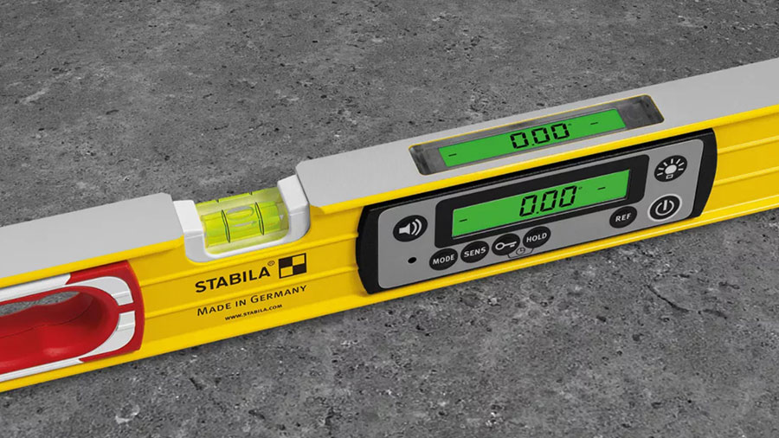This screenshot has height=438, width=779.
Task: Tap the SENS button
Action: click(x=474, y=253)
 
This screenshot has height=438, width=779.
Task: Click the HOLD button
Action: click(x=537, y=237)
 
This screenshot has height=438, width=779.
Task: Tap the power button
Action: click(x=665, y=208)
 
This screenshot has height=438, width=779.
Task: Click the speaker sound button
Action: click(x=410, y=229)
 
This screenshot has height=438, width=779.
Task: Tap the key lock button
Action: click(x=505, y=245)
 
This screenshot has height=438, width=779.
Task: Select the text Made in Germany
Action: click(x=251, y=300)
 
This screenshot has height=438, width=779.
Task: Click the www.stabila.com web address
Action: click(x=254, y=312)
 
